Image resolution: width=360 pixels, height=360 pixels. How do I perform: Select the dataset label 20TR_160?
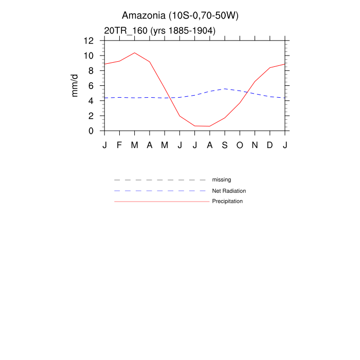coord(125,31)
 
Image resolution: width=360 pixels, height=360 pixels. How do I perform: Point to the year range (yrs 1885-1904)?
coord(183,31)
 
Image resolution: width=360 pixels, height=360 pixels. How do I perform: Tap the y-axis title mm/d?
coord(75,85)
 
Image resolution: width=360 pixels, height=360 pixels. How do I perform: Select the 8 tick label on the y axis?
coord(91,70)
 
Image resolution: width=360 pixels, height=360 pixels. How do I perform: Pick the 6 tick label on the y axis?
coord(91,86)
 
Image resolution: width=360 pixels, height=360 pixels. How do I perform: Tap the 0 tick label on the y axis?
coord(91,131)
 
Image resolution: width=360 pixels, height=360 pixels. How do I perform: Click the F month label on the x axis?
coord(119,145)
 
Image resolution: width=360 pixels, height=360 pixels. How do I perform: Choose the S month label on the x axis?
coord(225,145)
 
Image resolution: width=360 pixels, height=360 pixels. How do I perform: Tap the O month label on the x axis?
coord(240,145)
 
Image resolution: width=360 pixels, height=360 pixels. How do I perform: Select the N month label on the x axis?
coord(255,145)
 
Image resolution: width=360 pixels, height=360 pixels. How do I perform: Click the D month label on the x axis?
coord(270,145)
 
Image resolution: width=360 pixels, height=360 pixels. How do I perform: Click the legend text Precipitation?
coord(227,201)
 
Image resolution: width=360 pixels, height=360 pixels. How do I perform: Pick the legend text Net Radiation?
coord(229,191)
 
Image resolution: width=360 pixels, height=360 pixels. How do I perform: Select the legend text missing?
coord(222,180)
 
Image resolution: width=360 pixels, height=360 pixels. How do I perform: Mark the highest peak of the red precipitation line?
coord(134,52)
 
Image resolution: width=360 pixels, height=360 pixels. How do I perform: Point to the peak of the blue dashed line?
coord(225,89)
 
